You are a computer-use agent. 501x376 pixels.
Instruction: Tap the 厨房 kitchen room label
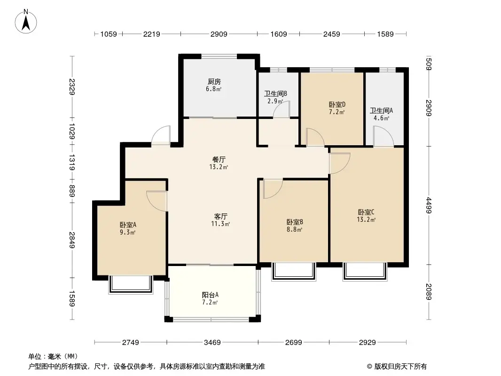tap(214, 81)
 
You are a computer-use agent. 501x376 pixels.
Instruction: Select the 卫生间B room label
tap(275, 94)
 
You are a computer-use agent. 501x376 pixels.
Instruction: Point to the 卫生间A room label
tap(381, 111)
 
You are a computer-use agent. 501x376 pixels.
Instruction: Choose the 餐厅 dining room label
tap(219, 159)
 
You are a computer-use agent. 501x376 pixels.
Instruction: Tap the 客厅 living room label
tap(220, 217)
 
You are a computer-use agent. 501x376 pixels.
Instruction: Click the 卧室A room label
tap(128, 225)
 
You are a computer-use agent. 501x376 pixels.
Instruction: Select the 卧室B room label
tap(294, 222)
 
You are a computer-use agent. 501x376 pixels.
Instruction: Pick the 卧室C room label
tap(366, 212)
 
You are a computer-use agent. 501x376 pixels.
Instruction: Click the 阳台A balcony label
tap(210, 295)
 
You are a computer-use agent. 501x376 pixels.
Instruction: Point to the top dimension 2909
tap(219, 34)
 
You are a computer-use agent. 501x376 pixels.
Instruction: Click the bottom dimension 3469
tap(212, 343)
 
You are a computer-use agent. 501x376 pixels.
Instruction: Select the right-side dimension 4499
tap(429, 204)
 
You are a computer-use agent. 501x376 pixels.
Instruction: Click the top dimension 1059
tap(108, 34)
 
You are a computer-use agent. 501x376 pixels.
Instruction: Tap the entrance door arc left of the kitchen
tap(161, 135)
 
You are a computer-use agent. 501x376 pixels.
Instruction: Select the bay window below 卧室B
tap(293, 272)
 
